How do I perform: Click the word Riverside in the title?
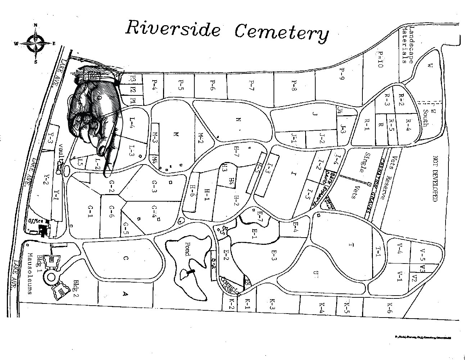(x=172, y=28)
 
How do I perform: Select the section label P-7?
(x=252, y=85)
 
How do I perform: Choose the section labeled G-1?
(x=90, y=212)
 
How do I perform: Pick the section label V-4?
(x=399, y=249)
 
